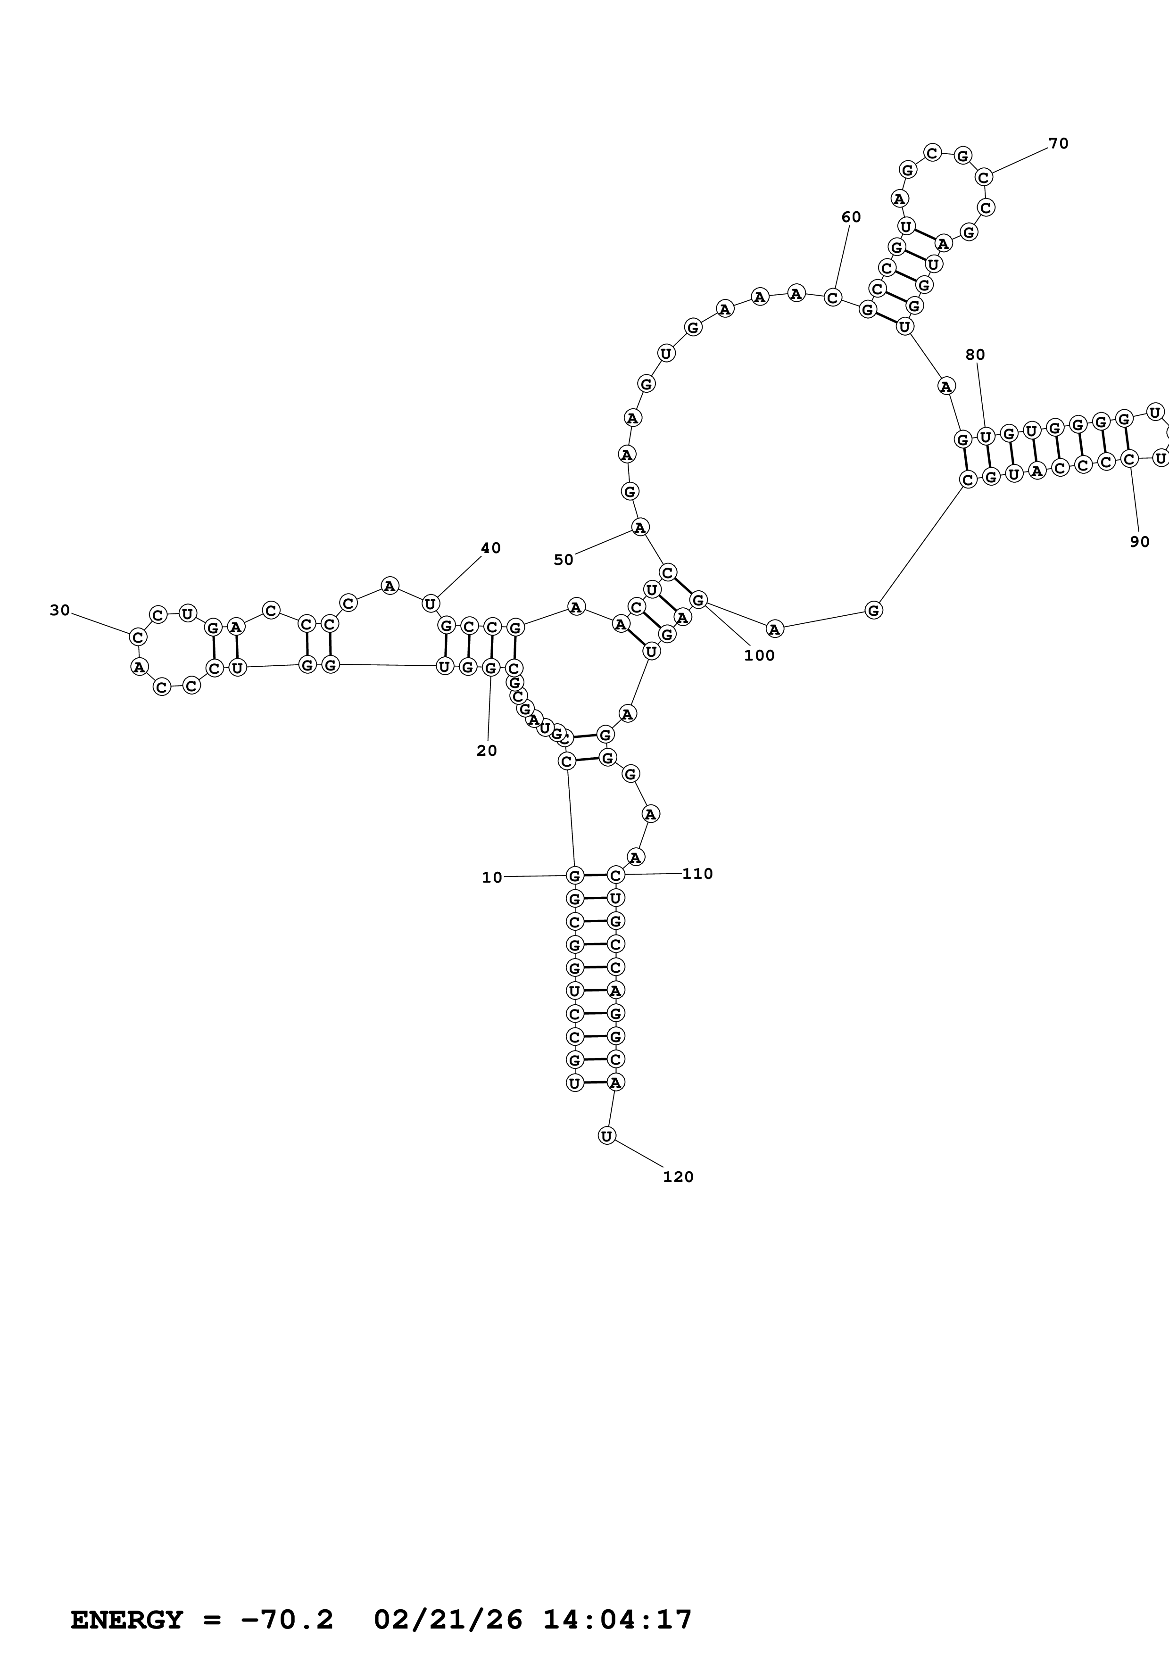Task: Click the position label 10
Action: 492,877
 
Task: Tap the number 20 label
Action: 487,751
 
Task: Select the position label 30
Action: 60,611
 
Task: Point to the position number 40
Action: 490,548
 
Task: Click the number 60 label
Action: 851,217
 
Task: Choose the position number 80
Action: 975,355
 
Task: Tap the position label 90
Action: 1139,542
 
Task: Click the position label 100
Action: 759,655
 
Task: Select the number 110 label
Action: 697,874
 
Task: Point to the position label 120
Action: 678,1177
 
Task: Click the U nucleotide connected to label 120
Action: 607,1136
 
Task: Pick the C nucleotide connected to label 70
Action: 984,176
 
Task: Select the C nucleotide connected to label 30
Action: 138,637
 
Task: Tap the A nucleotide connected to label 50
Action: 639,527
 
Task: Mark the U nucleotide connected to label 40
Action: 430,604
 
